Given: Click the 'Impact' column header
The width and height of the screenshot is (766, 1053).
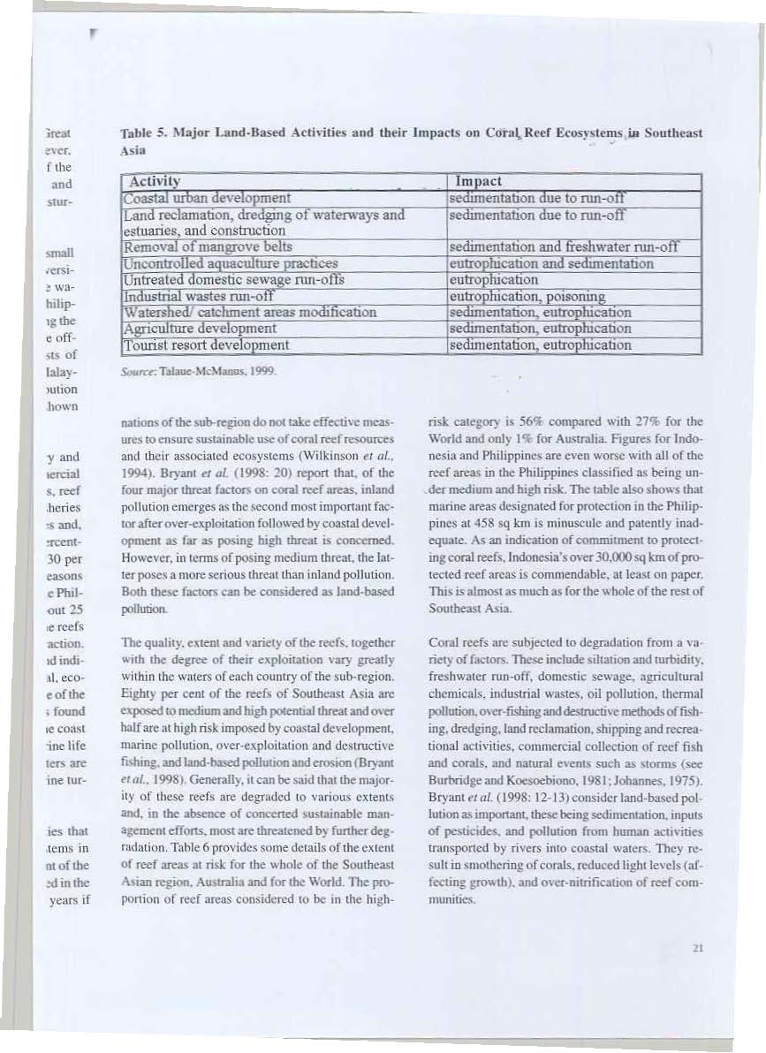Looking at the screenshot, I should [x=477, y=180].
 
